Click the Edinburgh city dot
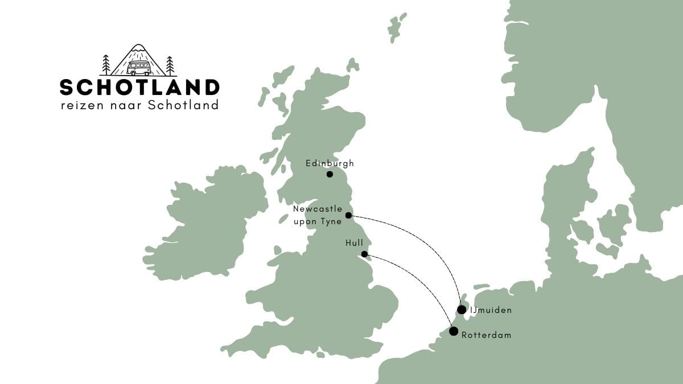[x=330, y=174]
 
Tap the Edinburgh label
[x=330, y=163]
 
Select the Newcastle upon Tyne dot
[x=348, y=216]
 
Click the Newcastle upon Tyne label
[x=318, y=215]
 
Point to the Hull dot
[x=364, y=254]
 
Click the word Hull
[x=354, y=243]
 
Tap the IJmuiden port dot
[x=462, y=309]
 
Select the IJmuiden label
[x=491, y=310]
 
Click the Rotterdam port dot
[x=454, y=331]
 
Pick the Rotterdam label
[x=486, y=335]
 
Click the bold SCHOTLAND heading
[x=139, y=88]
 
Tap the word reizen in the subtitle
[x=79, y=105]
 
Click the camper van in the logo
[x=138, y=69]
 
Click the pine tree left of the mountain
[x=106, y=65]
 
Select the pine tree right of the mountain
[x=170, y=65]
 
